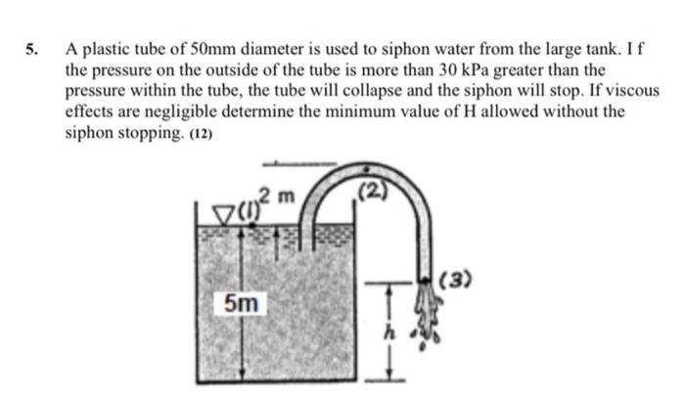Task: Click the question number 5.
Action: click(31, 49)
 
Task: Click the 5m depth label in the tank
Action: click(241, 303)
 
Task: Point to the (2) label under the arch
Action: click(375, 193)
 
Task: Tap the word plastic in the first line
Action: click(112, 49)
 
